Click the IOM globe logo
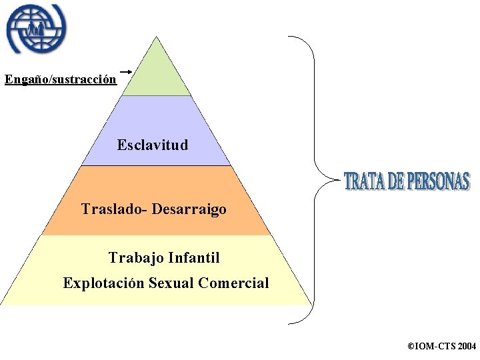click(37, 29)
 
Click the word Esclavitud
click(153, 145)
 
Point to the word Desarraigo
click(189, 209)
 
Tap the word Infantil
click(195, 257)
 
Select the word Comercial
click(233, 283)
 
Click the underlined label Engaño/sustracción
click(61, 80)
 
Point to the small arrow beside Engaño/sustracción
click(125, 70)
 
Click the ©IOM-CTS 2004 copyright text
click(441, 347)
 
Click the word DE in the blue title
click(395, 181)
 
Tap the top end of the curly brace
click(291, 37)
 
